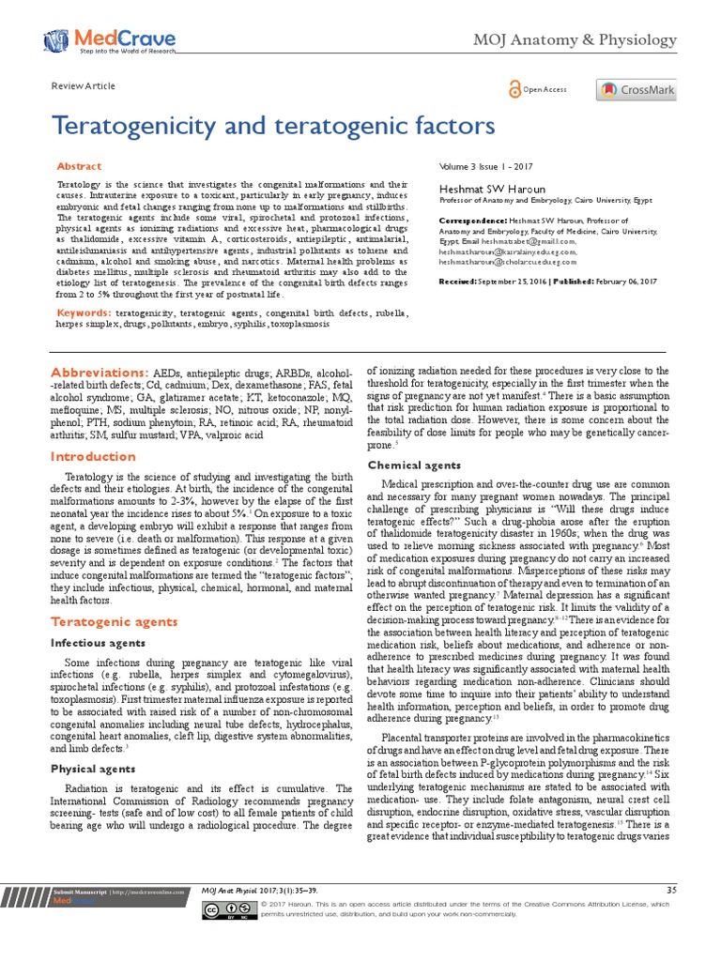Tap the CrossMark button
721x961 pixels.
click(636, 90)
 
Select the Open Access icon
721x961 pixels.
click(514, 89)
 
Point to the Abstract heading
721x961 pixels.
click(80, 166)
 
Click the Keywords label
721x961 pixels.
click(83, 312)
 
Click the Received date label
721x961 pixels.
click(457, 282)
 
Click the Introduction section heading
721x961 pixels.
click(93, 457)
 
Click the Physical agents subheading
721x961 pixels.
click(93, 769)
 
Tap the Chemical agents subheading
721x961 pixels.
click(413, 465)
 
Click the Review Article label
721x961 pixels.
click(84, 86)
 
